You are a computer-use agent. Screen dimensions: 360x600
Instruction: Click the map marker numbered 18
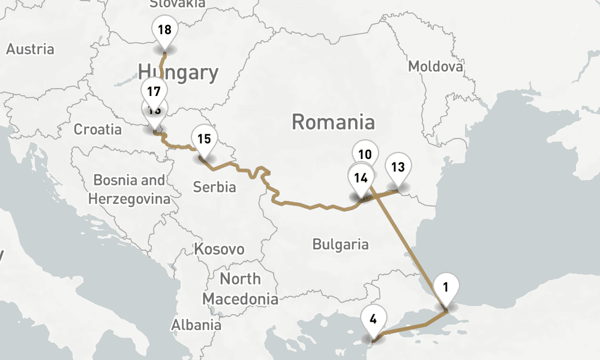tap(164, 30)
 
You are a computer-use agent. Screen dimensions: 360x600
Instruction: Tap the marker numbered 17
tap(154, 92)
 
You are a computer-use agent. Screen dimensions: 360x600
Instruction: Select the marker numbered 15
tap(204, 139)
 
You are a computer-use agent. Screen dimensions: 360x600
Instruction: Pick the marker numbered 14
tap(361, 178)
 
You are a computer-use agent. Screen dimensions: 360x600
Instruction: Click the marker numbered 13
tap(398, 167)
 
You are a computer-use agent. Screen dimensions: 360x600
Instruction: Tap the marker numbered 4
tap(373, 319)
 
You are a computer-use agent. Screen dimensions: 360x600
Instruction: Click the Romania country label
tap(333, 122)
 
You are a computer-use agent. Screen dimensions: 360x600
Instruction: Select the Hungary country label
tap(178, 73)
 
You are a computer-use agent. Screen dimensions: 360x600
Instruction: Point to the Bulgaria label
tap(340, 244)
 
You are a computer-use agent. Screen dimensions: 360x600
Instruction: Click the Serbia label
tap(214, 187)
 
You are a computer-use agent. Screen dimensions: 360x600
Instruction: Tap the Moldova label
tap(436, 66)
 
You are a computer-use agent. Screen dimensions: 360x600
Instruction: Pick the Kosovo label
tap(219, 249)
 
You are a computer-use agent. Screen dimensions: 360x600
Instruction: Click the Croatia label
tap(97, 129)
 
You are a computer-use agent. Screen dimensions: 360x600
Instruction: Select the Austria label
tap(30, 49)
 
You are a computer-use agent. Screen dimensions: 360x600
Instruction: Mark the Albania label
tap(196, 325)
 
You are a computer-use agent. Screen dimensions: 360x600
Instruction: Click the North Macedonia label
tap(240, 289)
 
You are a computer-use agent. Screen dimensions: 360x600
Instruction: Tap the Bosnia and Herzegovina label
tap(129, 189)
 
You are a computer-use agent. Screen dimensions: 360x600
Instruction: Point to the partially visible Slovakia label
tap(177, 4)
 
